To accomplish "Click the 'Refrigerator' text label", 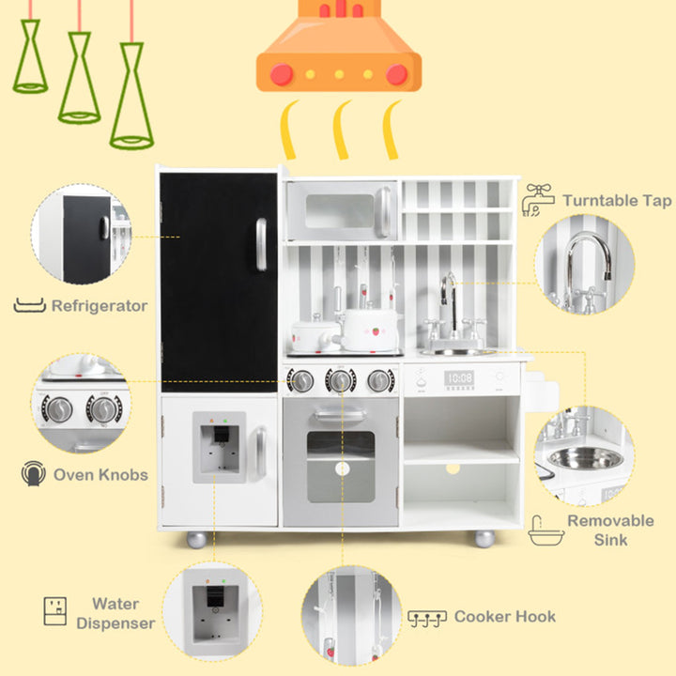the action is point(100,306).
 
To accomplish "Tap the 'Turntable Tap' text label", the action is point(617,201).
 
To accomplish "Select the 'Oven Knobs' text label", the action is point(100,475).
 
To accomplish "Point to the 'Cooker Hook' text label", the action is point(505,617).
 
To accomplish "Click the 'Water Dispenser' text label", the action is point(115,613).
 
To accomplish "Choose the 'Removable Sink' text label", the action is point(610,530).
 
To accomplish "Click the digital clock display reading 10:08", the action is point(459,379).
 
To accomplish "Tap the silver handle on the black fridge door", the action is point(261,244).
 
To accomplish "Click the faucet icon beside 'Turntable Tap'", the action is point(538,200).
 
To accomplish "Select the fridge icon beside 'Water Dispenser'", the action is point(55,611).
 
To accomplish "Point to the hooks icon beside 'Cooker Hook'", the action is point(427,618).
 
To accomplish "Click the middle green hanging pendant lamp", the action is point(80,78).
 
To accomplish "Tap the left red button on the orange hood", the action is point(282,74).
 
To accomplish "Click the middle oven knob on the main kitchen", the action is point(341,380).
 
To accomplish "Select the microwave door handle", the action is point(383,211).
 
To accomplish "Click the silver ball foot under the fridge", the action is point(196,539).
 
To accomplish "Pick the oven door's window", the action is point(341,467).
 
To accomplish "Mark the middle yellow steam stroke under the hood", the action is point(342,130).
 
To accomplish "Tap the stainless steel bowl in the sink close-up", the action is point(586,458).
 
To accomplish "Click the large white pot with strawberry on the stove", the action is point(370,330).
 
